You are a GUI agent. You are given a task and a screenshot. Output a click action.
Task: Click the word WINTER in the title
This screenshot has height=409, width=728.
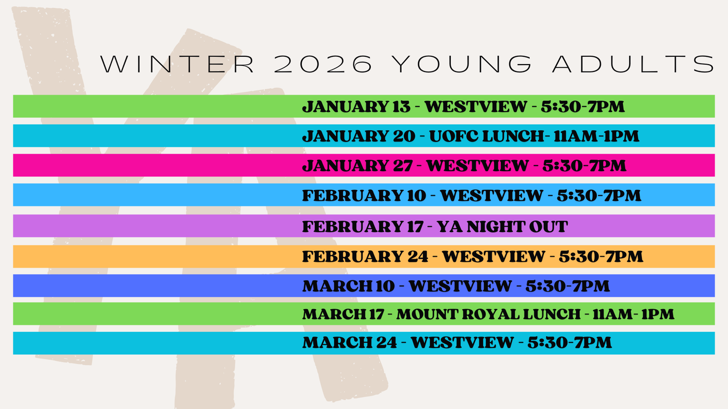178,64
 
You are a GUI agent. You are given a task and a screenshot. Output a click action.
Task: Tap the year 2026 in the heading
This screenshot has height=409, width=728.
323,64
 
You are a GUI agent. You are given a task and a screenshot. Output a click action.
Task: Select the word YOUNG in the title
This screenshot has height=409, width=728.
461,64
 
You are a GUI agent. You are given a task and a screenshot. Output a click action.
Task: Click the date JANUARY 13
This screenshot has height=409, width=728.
356,107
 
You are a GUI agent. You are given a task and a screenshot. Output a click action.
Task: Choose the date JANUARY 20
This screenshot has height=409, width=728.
359,136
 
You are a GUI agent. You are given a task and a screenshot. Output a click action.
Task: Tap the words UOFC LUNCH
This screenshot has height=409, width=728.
487,136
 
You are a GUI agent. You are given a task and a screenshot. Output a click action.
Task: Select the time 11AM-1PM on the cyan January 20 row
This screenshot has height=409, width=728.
597,136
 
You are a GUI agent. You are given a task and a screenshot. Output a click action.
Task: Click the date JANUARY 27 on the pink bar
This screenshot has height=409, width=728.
358,166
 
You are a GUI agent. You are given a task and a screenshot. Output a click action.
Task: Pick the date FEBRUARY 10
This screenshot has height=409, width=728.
364,196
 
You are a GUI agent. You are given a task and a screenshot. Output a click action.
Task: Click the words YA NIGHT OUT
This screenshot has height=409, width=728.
502,226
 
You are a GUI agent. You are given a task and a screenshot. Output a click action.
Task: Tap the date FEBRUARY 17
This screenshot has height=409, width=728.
363,226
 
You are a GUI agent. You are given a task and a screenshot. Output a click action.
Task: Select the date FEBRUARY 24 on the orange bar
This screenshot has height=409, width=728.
365,257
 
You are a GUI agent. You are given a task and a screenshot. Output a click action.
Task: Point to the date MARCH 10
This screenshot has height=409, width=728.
348,286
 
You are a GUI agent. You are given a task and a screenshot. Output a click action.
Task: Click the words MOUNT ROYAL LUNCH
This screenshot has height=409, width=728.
488,314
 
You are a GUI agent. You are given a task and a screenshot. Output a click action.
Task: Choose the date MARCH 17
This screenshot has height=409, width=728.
343,314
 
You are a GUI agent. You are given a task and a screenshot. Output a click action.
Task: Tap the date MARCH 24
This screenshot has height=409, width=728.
350,342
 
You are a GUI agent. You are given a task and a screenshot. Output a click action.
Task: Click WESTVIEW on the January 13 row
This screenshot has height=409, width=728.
476,107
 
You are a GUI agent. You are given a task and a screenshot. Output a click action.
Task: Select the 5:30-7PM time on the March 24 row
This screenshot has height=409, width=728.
570,342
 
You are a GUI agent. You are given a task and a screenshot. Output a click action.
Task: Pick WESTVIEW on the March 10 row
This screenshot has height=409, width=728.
460,286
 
